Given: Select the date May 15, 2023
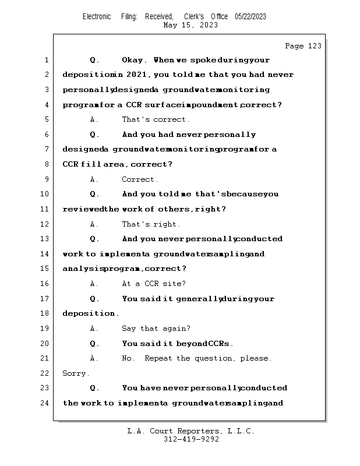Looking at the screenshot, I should (191, 25).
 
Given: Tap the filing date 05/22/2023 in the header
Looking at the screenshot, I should (250, 17).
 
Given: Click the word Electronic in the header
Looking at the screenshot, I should (97, 17).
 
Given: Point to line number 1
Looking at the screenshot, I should (47, 60).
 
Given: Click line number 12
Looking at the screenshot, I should (45, 224).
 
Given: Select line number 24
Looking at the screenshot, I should (45, 403).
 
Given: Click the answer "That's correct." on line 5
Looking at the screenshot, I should (156, 119).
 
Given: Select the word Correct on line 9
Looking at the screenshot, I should (140, 179).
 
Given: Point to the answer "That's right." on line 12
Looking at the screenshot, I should (151, 224).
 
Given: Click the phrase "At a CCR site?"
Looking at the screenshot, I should (154, 284).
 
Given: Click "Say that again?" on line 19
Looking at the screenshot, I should (156, 329).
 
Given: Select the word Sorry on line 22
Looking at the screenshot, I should (75, 373).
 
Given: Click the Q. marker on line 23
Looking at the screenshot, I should (94, 388).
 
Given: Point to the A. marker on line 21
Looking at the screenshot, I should (94, 358).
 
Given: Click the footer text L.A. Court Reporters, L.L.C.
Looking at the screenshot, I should (190, 431).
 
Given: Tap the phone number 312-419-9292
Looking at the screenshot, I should (191, 439).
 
